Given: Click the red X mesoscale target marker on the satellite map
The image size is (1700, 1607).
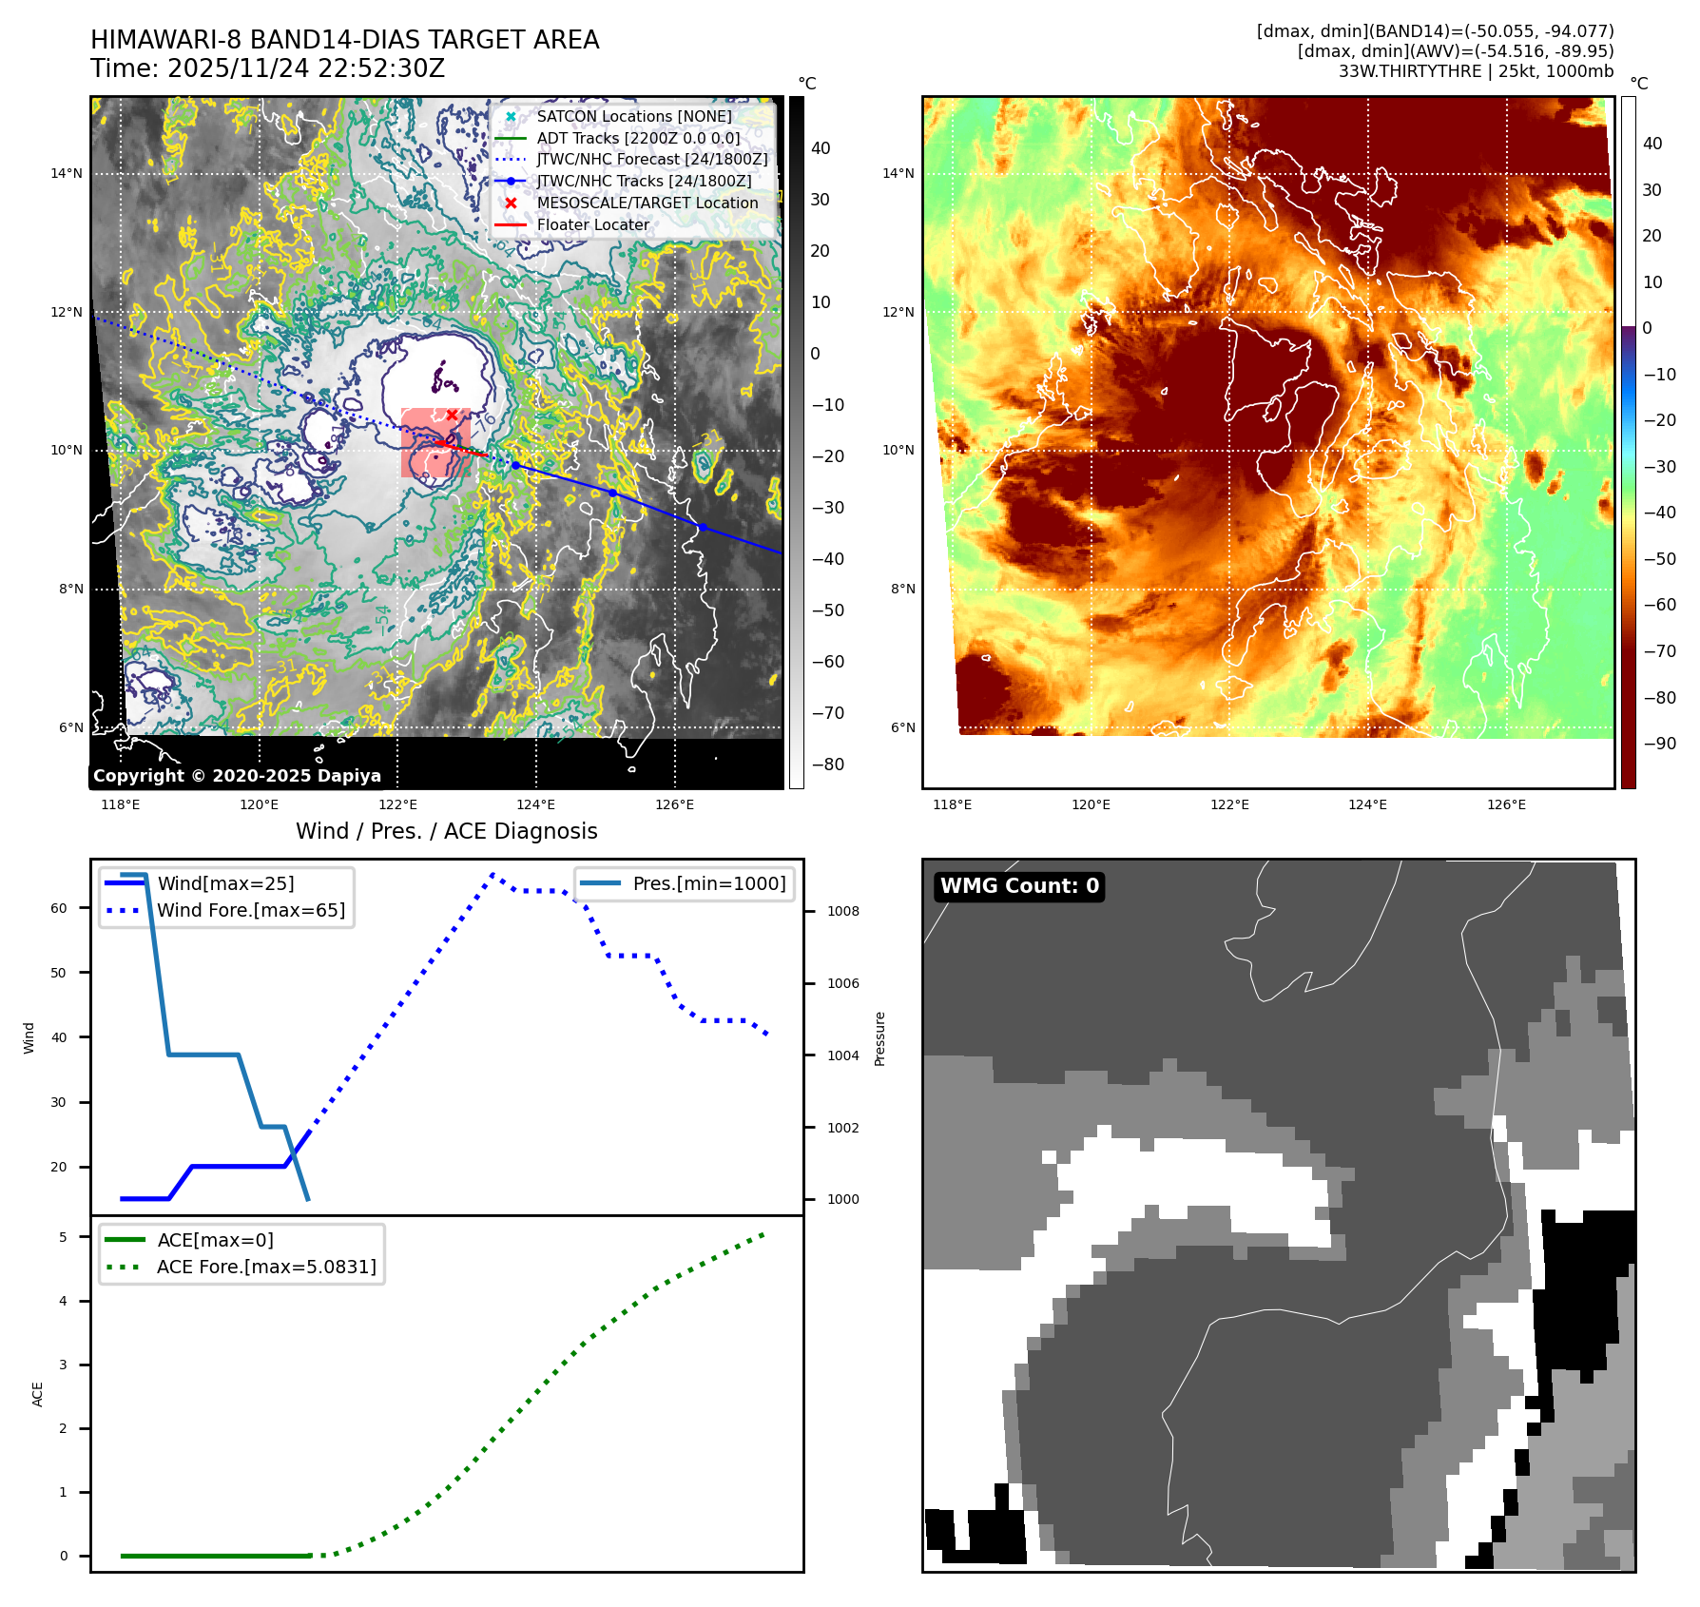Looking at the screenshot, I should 452,415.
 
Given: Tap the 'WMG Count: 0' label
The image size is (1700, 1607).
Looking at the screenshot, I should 1019,886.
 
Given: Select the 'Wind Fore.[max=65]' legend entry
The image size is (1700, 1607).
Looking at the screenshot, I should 251,910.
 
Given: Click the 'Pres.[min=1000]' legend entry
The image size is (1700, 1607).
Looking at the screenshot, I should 708,883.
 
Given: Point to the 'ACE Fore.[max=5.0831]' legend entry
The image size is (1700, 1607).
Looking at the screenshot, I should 266,1267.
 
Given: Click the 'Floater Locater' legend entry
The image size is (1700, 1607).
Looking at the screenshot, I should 592,224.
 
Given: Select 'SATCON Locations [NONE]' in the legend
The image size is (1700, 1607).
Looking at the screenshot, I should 633,116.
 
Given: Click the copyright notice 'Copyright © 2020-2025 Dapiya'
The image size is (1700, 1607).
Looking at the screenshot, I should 237,775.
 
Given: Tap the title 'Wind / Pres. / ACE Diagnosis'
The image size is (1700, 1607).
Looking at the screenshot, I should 447,831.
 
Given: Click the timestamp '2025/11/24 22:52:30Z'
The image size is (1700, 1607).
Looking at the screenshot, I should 306,68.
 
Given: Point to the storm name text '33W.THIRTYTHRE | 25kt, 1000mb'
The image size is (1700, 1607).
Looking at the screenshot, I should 1476,71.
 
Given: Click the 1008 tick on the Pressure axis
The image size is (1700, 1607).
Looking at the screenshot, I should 842,911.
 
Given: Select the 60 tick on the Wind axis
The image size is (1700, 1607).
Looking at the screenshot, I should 59,908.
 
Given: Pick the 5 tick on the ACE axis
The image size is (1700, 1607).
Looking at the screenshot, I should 64,1237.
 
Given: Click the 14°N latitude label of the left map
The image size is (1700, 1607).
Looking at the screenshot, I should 67,173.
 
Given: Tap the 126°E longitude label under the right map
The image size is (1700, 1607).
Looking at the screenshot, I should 1506,804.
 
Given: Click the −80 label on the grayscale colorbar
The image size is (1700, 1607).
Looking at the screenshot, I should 827,765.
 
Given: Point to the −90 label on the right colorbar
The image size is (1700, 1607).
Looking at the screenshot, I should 1659,744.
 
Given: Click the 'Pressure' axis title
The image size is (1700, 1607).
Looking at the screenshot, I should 879,1038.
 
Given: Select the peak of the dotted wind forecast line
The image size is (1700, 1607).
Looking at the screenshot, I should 493,873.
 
